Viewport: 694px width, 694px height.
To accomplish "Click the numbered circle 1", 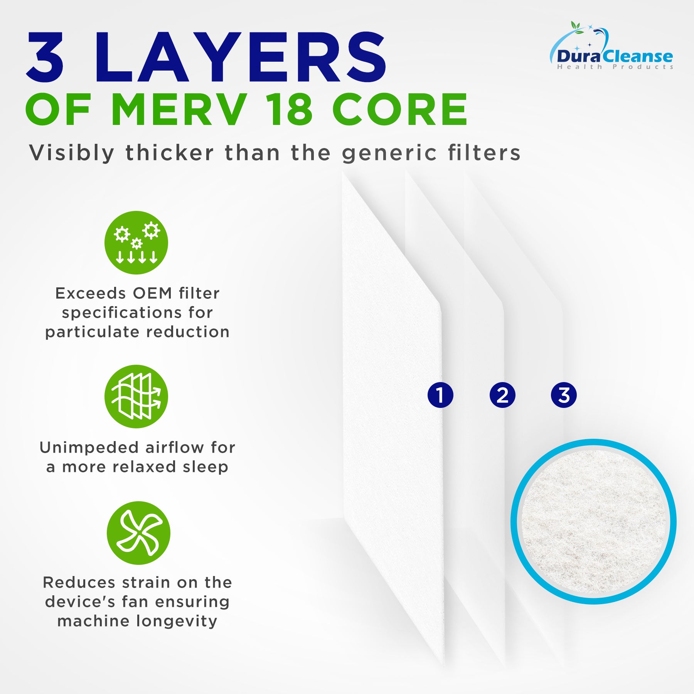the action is tap(440, 395).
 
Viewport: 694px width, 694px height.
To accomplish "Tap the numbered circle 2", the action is tap(502, 395).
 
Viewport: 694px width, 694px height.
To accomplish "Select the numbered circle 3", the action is tap(564, 395).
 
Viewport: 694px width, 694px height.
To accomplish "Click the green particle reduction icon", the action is tap(136, 243).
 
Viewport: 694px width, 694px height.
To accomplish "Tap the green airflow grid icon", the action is tap(136, 396).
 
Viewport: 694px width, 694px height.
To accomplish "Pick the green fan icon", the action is tap(138, 533).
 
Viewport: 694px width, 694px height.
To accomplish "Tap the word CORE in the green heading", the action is tap(400, 109).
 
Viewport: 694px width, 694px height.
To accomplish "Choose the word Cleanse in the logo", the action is tap(638, 57).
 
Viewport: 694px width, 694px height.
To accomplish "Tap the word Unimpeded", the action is tap(89, 448).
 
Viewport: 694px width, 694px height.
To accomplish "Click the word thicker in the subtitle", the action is tap(170, 153).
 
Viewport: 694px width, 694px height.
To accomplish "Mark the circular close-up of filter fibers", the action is tap(593, 522).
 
